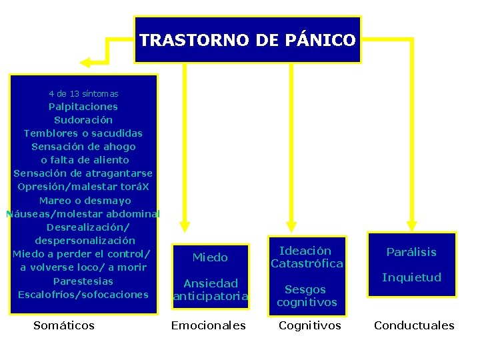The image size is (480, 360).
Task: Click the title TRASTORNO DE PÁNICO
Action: (x=247, y=41)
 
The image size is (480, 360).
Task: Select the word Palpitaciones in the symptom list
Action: (x=83, y=107)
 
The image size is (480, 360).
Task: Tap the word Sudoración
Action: (x=83, y=120)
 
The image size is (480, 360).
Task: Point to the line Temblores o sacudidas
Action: (x=83, y=133)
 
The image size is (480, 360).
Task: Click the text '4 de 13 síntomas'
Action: (x=83, y=94)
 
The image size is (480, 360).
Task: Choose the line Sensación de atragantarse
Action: (x=83, y=173)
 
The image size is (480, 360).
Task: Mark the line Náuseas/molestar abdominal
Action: (x=83, y=214)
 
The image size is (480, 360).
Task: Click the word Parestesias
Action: (x=83, y=281)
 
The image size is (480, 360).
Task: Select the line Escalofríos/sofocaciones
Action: (x=83, y=294)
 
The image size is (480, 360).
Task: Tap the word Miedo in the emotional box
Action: (x=210, y=257)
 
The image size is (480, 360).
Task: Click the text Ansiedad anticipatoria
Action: (x=211, y=290)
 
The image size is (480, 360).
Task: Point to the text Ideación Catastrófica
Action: (x=307, y=257)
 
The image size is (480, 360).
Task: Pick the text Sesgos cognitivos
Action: (x=307, y=296)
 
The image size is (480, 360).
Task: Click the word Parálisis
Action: (x=411, y=252)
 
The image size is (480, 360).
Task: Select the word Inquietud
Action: (x=411, y=277)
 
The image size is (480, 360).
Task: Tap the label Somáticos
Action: (x=64, y=325)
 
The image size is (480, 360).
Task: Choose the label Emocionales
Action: (x=209, y=325)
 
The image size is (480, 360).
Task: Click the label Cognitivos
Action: (x=310, y=325)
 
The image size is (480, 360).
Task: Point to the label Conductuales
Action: (x=414, y=325)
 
